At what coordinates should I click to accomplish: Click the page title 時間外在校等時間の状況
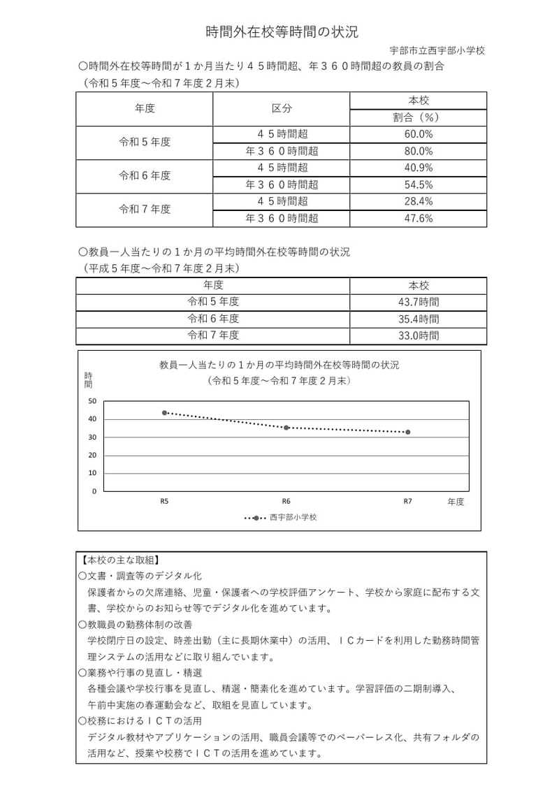tap(282, 31)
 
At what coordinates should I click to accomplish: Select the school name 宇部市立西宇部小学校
tap(437, 50)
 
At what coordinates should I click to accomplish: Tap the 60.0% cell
tap(419, 134)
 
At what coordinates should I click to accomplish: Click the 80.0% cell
tap(419, 151)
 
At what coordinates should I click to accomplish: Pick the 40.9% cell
tap(419, 168)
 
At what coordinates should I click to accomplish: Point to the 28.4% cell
tap(419, 201)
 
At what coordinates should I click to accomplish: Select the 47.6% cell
tap(419, 218)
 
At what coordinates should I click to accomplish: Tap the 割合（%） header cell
tap(419, 117)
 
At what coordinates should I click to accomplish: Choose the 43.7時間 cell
tap(419, 302)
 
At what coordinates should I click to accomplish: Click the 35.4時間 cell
tap(419, 319)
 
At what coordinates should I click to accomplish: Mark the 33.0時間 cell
tap(419, 335)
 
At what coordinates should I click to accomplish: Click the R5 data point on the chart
tap(164, 413)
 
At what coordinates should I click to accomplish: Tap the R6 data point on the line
tap(286, 428)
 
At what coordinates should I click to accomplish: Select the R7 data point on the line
tap(408, 432)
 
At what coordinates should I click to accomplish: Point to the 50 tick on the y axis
tap(93, 401)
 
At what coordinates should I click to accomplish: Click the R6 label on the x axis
tap(286, 501)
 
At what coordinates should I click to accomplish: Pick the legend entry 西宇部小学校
tap(293, 518)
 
